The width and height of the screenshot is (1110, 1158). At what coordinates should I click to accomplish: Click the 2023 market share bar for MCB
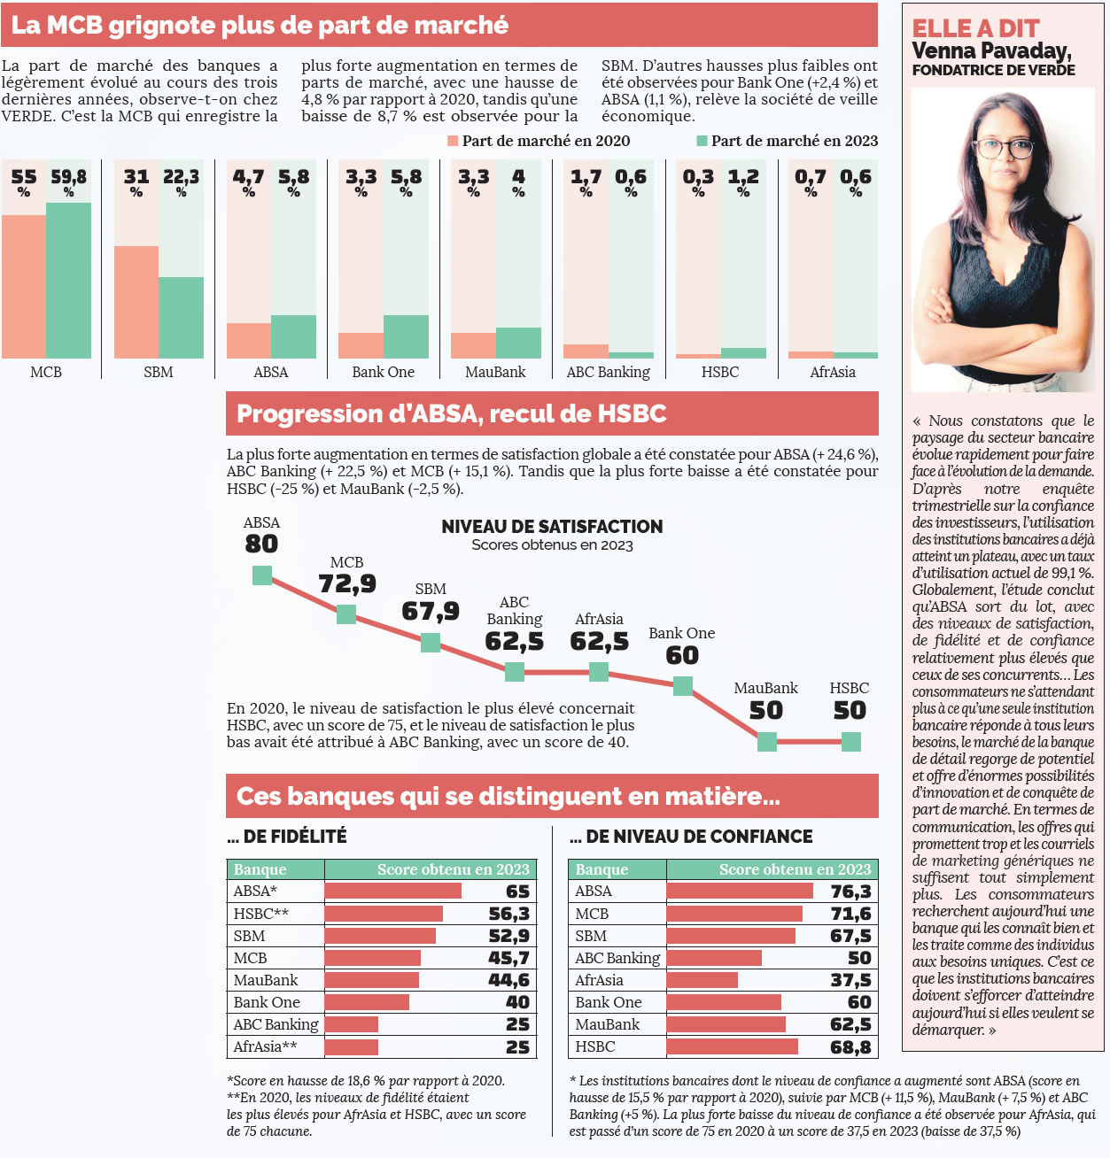(x=68, y=280)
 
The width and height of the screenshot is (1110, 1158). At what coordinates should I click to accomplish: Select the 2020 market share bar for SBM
(x=136, y=302)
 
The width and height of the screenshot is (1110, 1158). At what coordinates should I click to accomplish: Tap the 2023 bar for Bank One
(x=406, y=336)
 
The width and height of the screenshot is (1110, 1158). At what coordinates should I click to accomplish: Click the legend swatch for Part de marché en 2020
(x=453, y=141)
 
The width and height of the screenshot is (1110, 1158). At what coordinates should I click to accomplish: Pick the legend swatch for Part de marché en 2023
(x=702, y=141)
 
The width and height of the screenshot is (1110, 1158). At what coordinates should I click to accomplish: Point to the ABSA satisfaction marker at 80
(x=262, y=575)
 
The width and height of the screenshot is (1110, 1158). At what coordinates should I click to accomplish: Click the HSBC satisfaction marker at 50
(x=850, y=742)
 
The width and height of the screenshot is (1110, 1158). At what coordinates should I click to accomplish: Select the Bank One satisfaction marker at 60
(x=682, y=685)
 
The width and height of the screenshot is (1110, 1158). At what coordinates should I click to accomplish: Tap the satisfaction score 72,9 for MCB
(x=347, y=584)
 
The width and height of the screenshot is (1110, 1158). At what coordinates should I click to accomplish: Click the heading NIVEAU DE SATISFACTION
(x=552, y=527)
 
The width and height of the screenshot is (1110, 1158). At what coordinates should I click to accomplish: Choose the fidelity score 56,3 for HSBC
(x=508, y=914)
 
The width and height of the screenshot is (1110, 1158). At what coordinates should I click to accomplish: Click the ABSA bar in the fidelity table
(x=392, y=891)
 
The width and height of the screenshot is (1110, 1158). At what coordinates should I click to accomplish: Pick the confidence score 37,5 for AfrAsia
(x=850, y=980)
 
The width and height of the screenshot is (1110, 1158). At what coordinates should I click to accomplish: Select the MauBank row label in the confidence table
(x=608, y=1024)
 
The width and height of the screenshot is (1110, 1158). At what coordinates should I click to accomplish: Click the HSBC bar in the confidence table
(x=732, y=1046)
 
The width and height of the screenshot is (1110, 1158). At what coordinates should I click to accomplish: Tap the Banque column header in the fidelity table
(x=260, y=869)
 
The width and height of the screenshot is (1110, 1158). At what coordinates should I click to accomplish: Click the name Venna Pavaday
(x=990, y=51)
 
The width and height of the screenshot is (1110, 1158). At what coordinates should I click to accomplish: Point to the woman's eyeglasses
(x=1005, y=148)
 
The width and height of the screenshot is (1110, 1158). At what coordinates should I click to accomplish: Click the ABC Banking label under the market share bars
(x=608, y=372)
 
